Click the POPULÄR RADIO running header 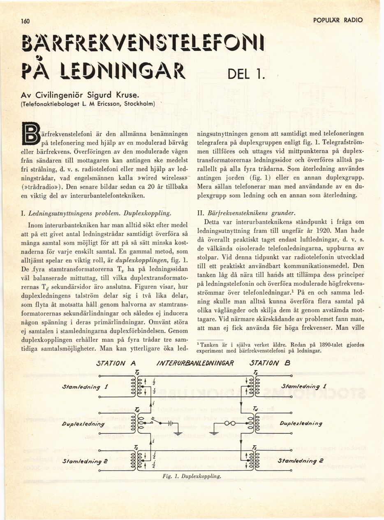click(338, 20)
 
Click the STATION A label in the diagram click(116, 363)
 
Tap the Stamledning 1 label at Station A click(85, 386)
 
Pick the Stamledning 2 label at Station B click(300, 461)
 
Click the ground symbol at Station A click(177, 432)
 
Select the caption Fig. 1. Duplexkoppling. click(192, 476)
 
